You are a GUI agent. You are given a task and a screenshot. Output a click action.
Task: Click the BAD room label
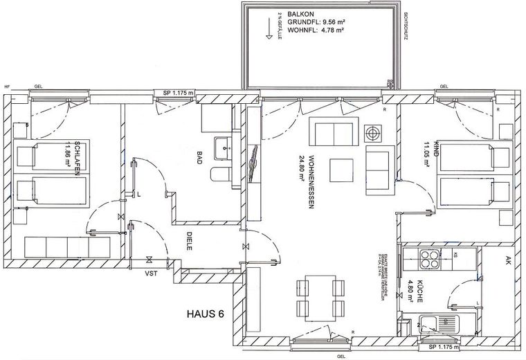(199, 157)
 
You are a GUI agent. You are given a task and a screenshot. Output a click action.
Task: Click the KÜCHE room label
(419, 293)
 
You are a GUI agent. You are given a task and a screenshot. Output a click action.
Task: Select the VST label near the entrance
(150, 273)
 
